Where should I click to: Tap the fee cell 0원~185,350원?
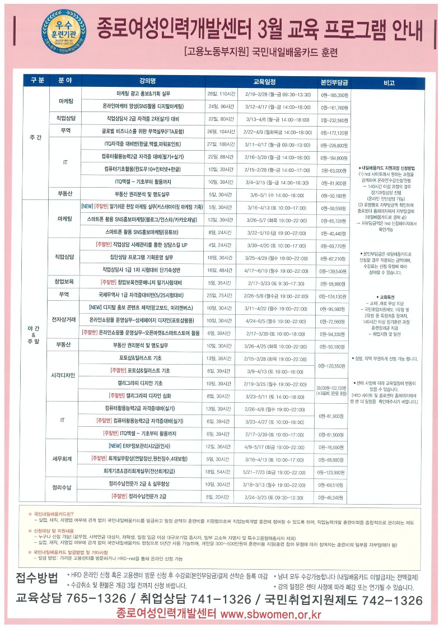pyautogui.click(x=334, y=95)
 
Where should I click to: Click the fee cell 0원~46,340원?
pyautogui.click(x=334, y=497)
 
